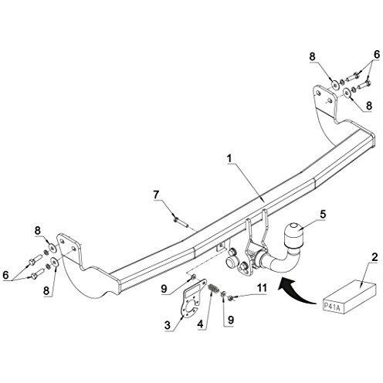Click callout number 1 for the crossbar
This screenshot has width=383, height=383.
[x=229, y=159]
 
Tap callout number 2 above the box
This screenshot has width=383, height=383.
[x=375, y=257]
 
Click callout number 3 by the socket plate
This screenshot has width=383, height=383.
[x=168, y=325]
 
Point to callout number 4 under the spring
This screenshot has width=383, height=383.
[x=200, y=324]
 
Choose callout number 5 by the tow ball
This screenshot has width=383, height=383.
[x=323, y=214]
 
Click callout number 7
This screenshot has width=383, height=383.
[x=156, y=195]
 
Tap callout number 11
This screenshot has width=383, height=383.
[x=262, y=288]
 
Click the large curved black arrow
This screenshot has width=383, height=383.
[x=296, y=290]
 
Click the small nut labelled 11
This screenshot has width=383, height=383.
[x=231, y=298]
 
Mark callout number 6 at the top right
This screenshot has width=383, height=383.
[x=377, y=55]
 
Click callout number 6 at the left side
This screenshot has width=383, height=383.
[x=5, y=275]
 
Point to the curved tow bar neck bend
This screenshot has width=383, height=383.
[x=286, y=260]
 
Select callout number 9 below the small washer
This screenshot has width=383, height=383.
[x=231, y=320]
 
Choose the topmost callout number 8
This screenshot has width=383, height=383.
[x=312, y=56]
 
